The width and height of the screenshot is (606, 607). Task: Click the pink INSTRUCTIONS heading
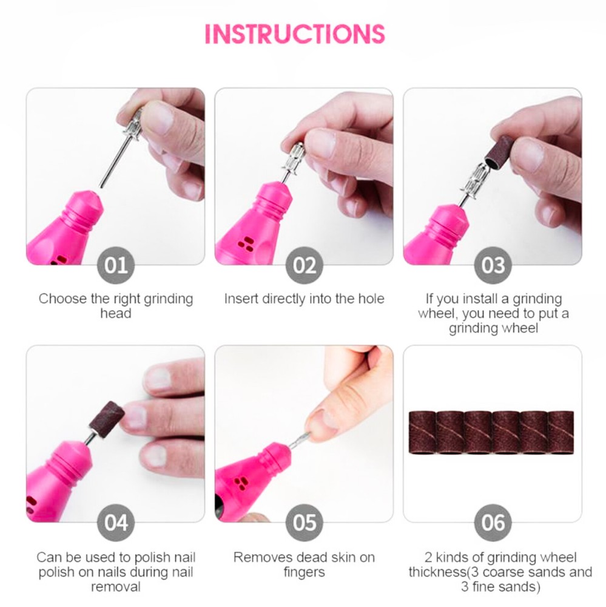[295, 33]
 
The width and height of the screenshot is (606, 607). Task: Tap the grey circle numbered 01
[116, 265]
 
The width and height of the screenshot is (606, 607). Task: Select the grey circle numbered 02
[304, 265]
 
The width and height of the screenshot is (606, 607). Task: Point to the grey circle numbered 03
[493, 265]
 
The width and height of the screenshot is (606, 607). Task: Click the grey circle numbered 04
[116, 523]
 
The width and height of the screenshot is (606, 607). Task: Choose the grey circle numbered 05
[304, 523]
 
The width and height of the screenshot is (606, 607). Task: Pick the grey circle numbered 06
[493, 523]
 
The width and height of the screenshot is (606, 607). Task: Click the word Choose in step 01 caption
[62, 299]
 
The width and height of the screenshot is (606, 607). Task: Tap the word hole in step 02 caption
[371, 299]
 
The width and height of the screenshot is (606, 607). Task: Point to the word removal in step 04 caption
[116, 587]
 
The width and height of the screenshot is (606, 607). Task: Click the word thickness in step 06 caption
[437, 572]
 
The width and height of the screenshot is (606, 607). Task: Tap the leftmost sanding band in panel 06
[423, 432]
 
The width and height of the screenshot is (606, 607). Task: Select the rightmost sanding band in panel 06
[561, 432]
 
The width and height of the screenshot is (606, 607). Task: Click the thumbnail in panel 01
[158, 118]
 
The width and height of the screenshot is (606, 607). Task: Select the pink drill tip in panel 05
[277, 453]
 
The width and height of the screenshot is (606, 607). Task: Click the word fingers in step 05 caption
[304, 572]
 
